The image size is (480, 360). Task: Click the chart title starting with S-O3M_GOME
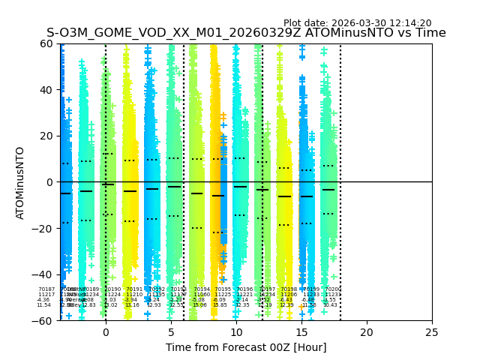246,33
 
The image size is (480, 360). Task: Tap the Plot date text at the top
357,23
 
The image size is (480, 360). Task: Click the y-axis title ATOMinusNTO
20,182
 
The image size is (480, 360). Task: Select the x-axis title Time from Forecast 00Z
246,347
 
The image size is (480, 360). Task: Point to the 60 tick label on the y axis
46,43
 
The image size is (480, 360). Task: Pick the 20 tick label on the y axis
46,136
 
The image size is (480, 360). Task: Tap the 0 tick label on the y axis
49,182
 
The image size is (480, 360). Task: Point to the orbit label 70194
202,289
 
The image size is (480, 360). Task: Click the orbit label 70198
289,289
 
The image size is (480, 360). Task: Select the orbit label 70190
112,289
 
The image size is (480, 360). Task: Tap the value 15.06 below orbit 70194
199,305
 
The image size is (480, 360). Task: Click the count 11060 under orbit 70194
202,294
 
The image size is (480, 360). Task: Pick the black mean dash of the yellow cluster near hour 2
130,191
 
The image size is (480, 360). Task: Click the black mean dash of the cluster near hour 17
328,190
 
